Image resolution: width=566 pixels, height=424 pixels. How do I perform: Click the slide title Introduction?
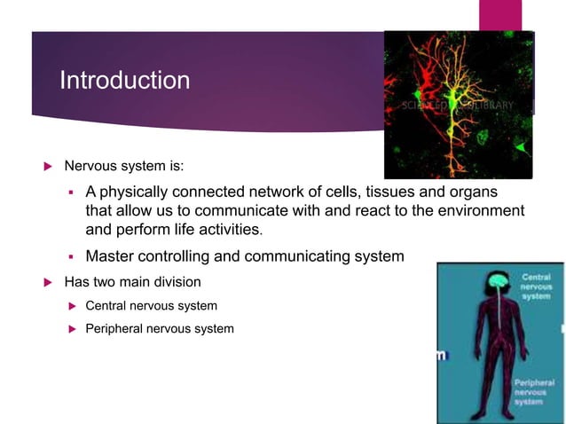tap(124, 81)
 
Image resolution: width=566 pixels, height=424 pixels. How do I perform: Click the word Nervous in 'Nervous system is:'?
tap(89, 165)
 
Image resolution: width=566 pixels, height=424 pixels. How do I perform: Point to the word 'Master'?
tap(112, 257)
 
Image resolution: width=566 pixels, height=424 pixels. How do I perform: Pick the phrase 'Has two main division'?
tap(132, 283)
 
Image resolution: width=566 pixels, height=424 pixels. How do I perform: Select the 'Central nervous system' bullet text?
tap(151, 306)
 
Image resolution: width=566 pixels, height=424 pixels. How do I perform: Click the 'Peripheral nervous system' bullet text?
tap(160, 329)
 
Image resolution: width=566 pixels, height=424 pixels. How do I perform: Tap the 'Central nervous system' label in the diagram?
tap(535, 287)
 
